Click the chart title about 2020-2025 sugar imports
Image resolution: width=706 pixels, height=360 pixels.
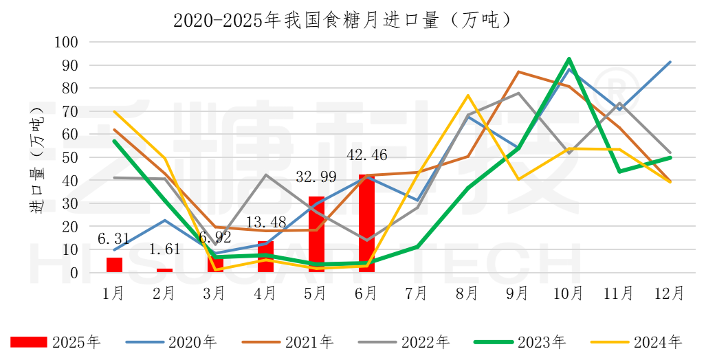point(342,19)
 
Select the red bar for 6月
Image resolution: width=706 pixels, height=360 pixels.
point(366,223)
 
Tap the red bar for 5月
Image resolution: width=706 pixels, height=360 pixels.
point(316,234)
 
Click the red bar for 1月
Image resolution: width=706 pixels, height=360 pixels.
point(114,265)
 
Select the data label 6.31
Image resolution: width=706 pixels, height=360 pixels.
point(114,239)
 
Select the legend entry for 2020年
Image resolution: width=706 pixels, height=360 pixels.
point(172,341)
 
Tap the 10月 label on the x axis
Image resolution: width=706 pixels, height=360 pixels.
point(569,293)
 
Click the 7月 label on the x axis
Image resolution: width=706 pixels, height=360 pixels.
point(417,293)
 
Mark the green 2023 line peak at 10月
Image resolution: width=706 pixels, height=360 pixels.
point(569,59)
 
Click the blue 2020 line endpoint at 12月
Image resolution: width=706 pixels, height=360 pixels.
point(670,62)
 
